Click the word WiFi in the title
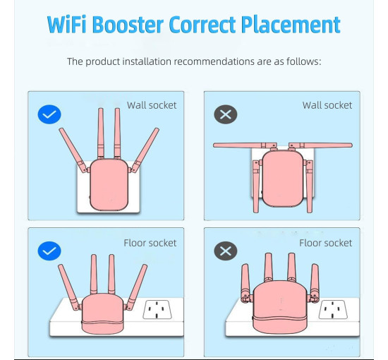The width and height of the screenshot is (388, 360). pyautogui.click(x=66, y=25)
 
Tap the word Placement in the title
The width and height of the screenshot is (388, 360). pyautogui.click(x=291, y=25)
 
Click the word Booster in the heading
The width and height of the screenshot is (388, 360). pyautogui.click(x=128, y=25)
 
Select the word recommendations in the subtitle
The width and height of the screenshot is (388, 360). pyautogui.click(x=214, y=61)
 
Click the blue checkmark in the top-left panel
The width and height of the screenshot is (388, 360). pyautogui.click(x=49, y=114)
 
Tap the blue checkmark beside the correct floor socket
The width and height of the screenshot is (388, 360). pyautogui.click(x=49, y=251)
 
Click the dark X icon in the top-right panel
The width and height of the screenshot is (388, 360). pyautogui.click(x=226, y=114)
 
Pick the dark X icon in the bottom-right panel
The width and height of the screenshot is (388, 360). pyautogui.click(x=226, y=251)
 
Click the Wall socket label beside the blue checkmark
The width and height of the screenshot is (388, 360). pyautogui.click(x=152, y=105)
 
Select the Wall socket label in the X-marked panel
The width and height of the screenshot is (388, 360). pyautogui.click(x=327, y=105)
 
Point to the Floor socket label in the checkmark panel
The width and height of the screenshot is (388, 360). pyautogui.click(x=150, y=243)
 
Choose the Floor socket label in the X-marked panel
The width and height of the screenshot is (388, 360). pyautogui.click(x=326, y=243)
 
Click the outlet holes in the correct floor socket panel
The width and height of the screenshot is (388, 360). pyautogui.click(x=157, y=310)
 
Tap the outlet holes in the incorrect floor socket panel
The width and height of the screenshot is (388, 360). pyautogui.click(x=333, y=310)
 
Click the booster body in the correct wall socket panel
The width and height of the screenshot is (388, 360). pyautogui.click(x=109, y=185)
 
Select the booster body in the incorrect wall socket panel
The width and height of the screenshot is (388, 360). pyautogui.click(x=283, y=179)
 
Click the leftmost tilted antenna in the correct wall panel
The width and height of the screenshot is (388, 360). pyautogui.click(x=73, y=150)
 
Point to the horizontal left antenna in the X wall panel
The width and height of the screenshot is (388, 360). pyautogui.click(x=245, y=145)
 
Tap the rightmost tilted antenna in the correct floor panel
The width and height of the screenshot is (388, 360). pyautogui.click(x=137, y=287)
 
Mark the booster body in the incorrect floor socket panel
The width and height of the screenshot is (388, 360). pyautogui.click(x=280, y=307)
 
